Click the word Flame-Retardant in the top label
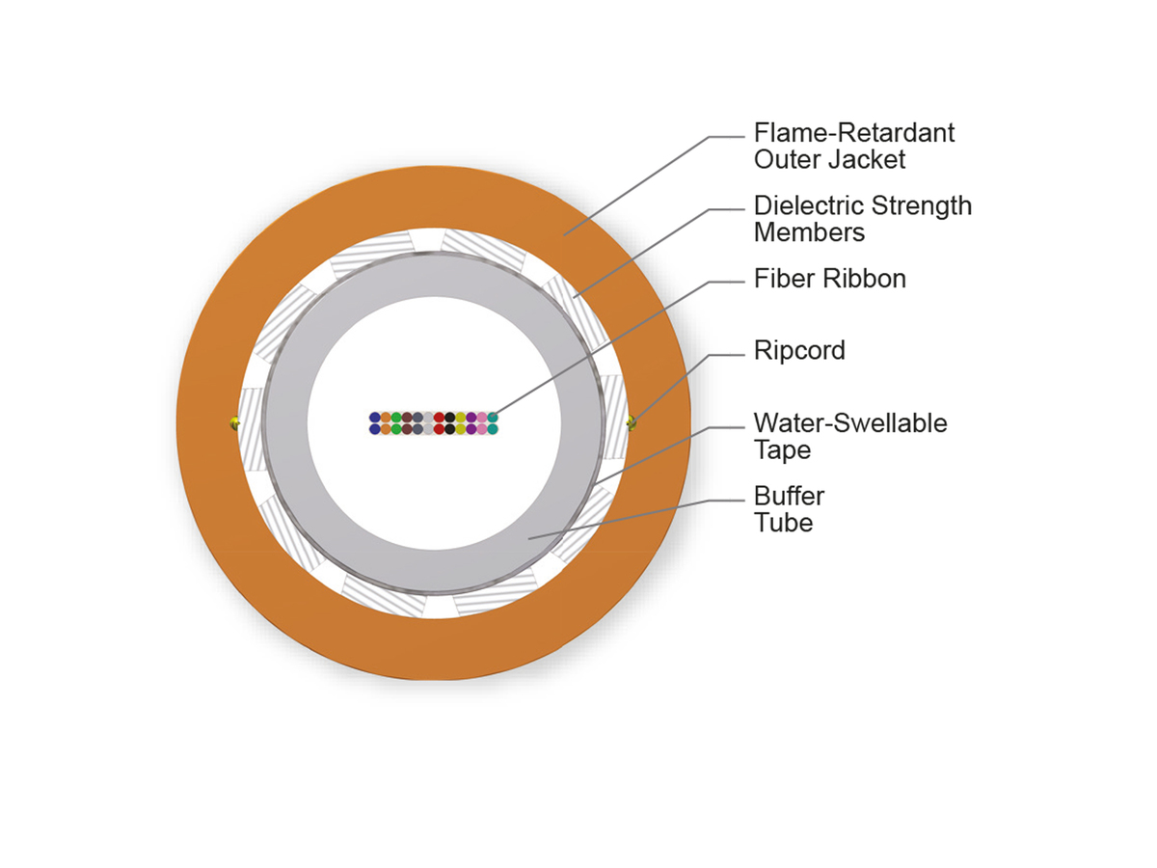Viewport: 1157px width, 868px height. [x=853, y=132]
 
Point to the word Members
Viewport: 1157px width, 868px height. [x=809, y=232]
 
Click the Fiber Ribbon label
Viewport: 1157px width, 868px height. [x=830, y=279]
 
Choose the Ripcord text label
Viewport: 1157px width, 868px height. [x=799, y=350]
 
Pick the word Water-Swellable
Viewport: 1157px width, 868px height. [x=850, y=423]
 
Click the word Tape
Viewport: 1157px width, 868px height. [x=782, y=450]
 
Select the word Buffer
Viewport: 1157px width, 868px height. [x=789, y=496]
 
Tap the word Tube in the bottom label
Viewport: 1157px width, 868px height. [x=783, y=524]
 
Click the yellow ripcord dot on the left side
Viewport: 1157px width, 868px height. [x=234, y=423]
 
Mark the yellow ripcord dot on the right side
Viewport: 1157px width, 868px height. [x=632, y=422]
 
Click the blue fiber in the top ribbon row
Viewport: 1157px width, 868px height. [x=375, y=418]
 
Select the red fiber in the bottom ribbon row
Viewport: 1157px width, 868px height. [x=439, y=429]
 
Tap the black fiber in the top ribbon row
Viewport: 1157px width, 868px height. [x=449, y=418]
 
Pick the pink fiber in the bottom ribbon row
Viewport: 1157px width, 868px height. [x=482, y=429]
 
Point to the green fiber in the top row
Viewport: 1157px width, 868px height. [x=396, y=418]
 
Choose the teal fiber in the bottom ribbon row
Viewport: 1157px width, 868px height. [x=493, y=429]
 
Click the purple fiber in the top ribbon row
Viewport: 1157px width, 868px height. [x=471, y=418]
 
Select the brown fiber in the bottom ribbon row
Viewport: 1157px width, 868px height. [x=407, y=429]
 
